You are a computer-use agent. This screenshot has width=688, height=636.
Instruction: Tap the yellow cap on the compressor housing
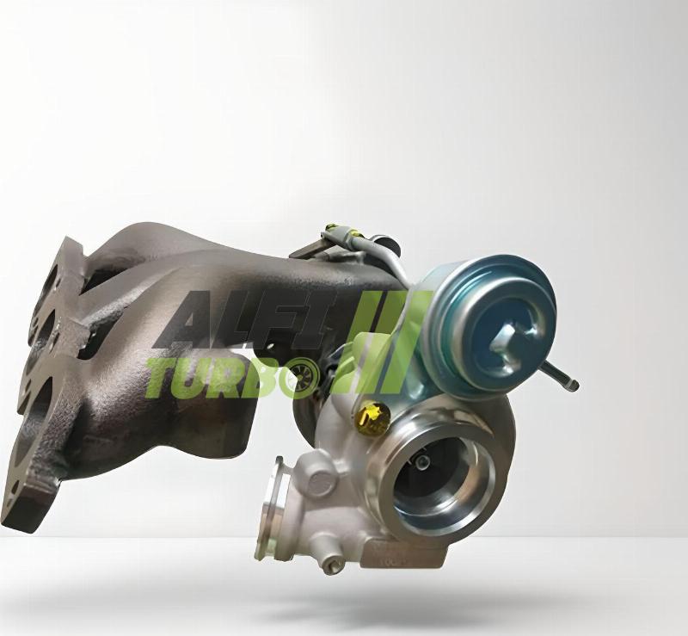[x=373, y=418]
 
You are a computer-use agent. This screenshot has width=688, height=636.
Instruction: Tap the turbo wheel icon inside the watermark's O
[x=306, y=374]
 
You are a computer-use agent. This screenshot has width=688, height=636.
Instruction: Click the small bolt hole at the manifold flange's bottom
[x=15, y=486]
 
